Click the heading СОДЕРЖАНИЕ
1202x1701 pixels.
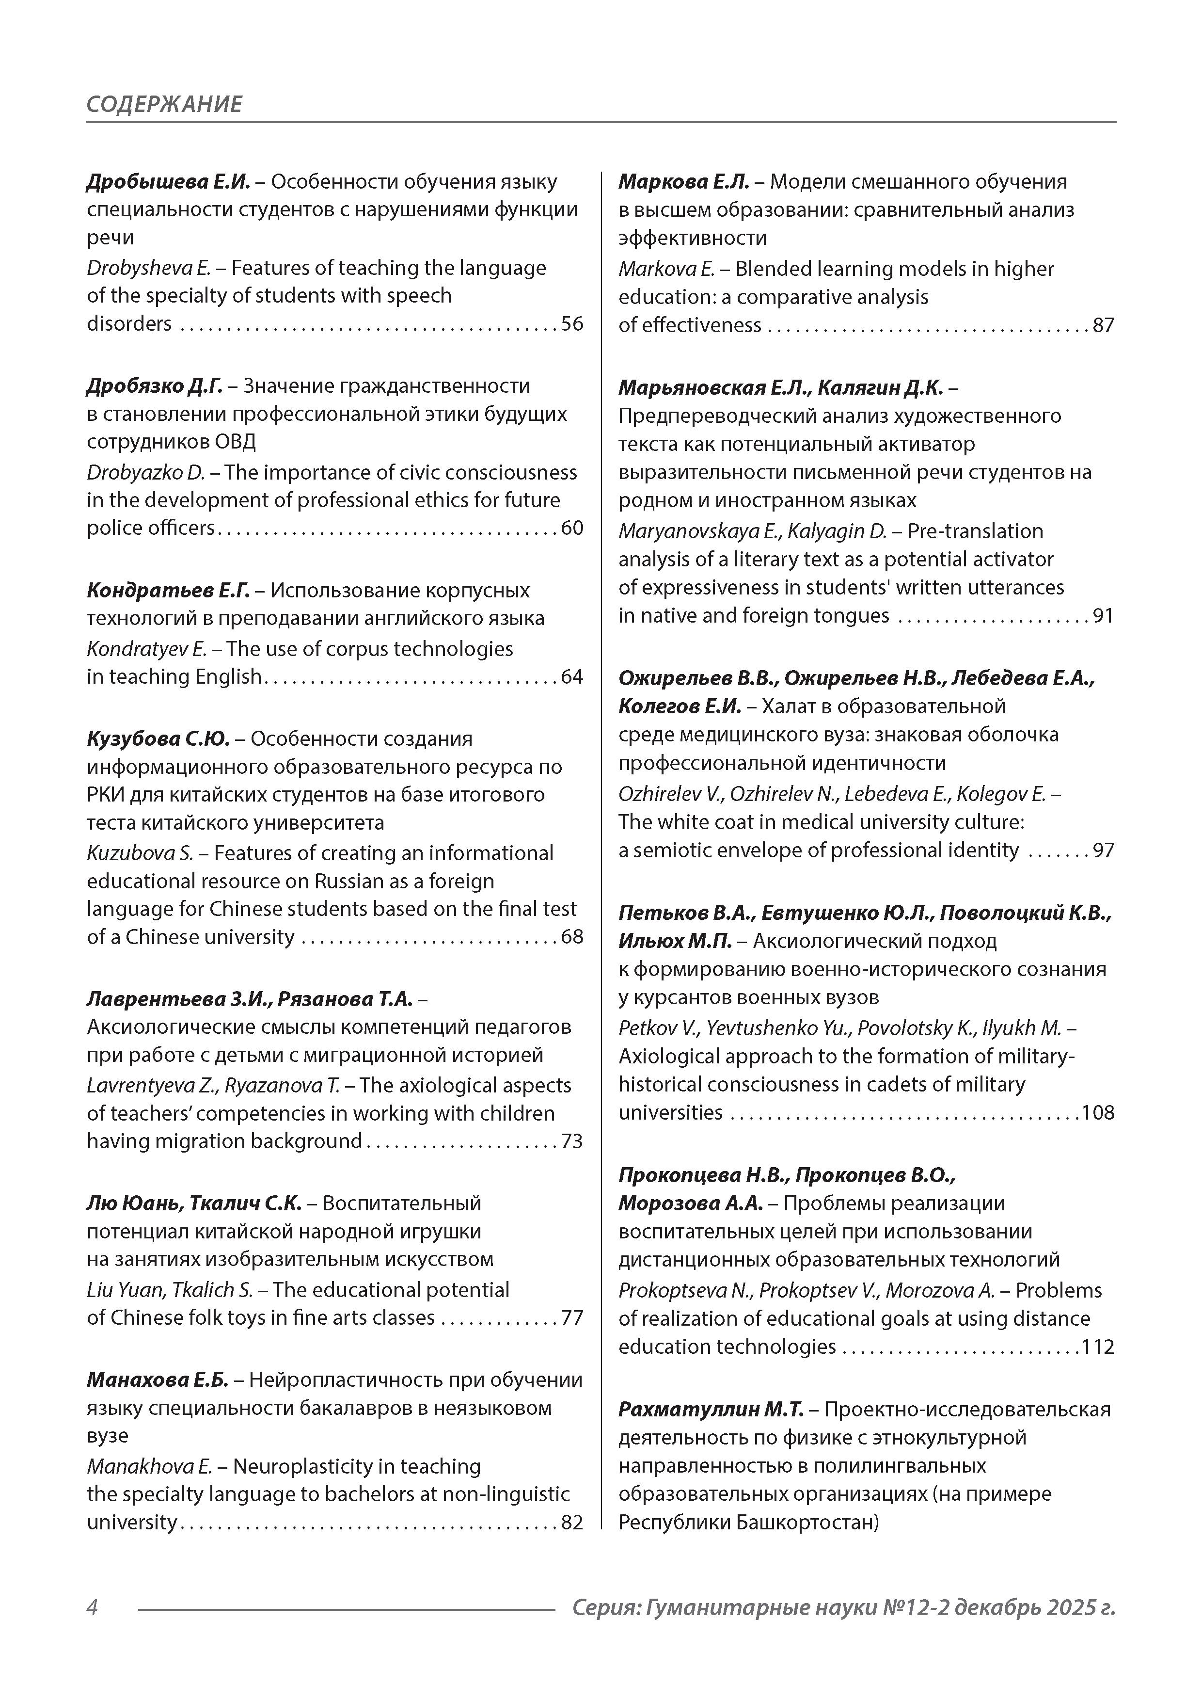point(164,104)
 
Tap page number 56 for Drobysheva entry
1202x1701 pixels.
point(572,324)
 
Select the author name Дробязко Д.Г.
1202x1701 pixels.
point(154,386)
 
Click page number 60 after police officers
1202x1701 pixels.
point(572,528)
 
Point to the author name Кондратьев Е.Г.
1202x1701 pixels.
point(167,591)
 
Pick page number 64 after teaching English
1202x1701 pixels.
point(572,677)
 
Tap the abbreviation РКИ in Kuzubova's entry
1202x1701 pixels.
point(106,795)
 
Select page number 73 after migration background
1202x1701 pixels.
point(572,1141)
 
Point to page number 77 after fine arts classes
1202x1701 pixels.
point(572,1318)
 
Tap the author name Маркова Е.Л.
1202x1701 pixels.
point(683,181)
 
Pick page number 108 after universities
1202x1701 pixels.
point(1098,1113)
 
